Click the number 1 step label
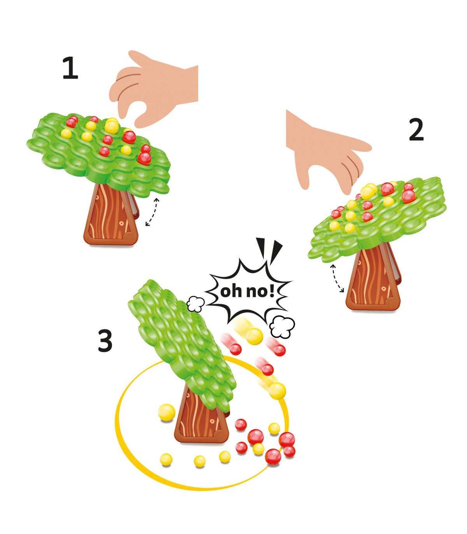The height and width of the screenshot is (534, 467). (70, 68)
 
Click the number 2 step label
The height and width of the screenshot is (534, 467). (416, 130)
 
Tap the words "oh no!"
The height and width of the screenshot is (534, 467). (247, 291)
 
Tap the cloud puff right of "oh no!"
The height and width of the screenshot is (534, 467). (283, 327)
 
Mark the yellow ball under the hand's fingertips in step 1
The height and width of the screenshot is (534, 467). (111, 125)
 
